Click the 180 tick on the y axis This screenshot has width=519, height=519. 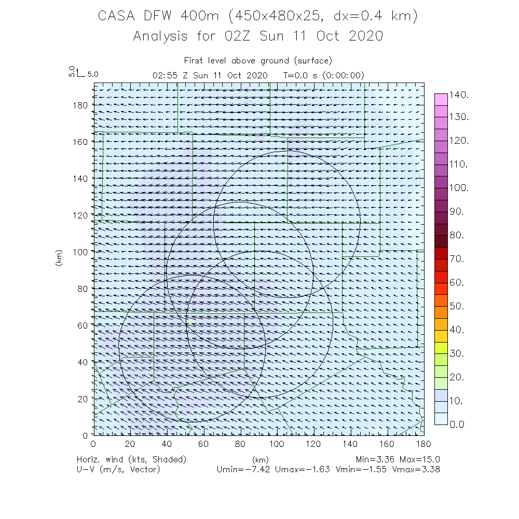point(81,105)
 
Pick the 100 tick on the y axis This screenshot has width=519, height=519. point(81,252)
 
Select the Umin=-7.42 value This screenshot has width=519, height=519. point(243,469)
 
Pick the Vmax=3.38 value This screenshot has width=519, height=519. point(411,469)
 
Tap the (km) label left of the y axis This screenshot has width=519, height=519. point(59,258)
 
